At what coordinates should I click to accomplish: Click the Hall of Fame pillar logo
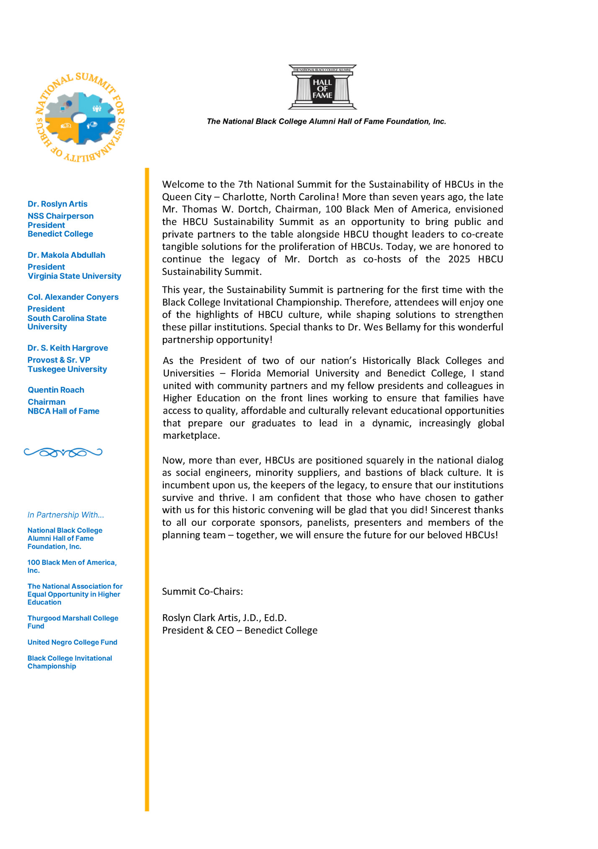[322, 87]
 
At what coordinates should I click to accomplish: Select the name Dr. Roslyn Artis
[57, 204]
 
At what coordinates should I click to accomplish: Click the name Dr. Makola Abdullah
[66, 255]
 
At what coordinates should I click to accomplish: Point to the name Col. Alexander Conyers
[73, 297]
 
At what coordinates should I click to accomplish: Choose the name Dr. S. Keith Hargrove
[67, 348]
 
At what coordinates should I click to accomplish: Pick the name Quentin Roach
[56, 390]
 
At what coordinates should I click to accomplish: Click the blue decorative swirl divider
[63, 452]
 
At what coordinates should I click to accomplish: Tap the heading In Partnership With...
[66, 515]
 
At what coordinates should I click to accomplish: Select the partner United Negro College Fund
[72, 642]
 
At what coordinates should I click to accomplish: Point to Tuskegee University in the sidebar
[67, 369]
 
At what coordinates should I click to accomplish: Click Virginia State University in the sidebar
[74, 276]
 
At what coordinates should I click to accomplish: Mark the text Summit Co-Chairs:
[202, 592]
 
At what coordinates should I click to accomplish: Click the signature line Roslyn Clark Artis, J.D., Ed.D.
[224, 618]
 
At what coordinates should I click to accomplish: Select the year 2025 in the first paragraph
[459, 259]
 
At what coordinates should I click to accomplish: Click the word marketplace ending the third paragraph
[191, 435]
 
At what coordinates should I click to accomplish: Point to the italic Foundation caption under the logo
[326, 121]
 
